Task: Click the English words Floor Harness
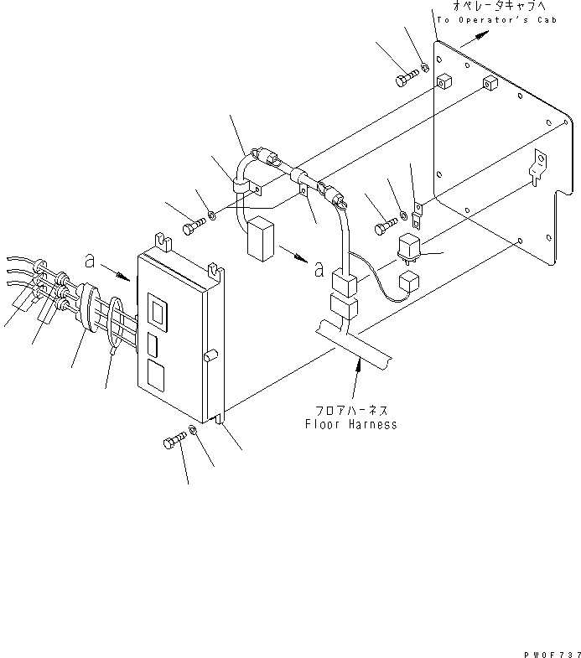350,424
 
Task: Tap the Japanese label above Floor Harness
350,411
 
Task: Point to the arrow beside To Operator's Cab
473,36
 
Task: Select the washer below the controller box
194,430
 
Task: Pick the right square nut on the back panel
490,85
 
